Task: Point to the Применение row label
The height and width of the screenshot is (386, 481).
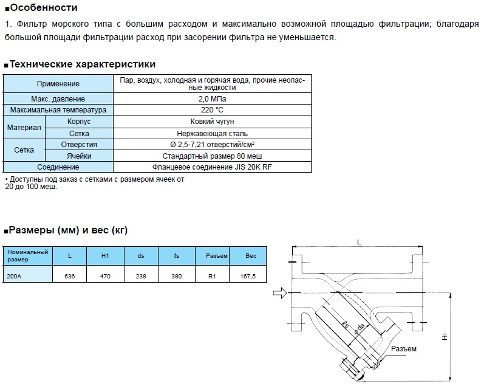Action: pos(58,83)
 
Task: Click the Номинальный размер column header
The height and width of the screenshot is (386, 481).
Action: pos(27,255)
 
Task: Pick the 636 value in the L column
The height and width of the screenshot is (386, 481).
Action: pos(70,275)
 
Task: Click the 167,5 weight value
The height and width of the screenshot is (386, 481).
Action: pos(251,275)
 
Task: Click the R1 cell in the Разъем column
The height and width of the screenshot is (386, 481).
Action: pos(213,275)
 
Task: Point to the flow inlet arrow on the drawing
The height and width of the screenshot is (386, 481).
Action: pos(279,294)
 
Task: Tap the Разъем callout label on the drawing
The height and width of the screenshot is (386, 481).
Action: pos(404,349)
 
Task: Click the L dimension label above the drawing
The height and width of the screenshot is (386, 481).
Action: pos(359,243)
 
